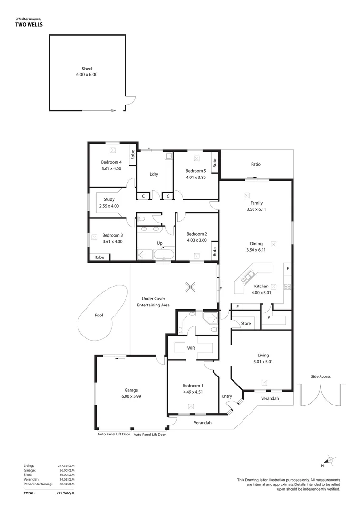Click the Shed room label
(x=86, y=69)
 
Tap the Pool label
(x=98, y=315)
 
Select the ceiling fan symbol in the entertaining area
(x=190, y=286)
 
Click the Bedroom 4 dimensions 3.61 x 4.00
(x=111, y=168)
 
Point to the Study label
(x=109, y=199)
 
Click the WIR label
(x=191, y=348)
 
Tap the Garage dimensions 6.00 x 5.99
(x=131, y=396)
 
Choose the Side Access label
(x=321, y=376)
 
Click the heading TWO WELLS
(x=29, y=24)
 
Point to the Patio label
(x=256, y=164)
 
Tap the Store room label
(x=245, y=324)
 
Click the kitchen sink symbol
(x=249, y=275)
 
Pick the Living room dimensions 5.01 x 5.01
(x=263, y=361)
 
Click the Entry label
(x=227, y=396)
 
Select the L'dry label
(x=154, y=174)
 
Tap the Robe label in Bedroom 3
(x=99, y=257)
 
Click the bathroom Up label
(x=160, y=243)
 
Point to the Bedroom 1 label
(x=193, y=386)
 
